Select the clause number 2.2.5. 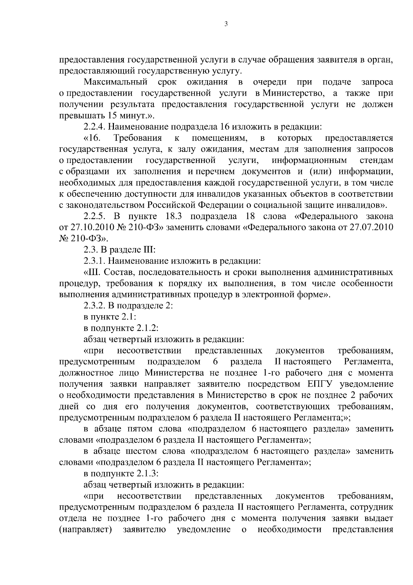[x=95, y=216]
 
